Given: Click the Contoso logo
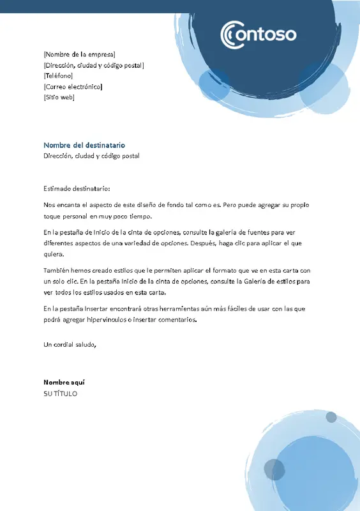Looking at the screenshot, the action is (x=258, y=33).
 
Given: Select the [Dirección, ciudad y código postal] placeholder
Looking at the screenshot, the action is (x=94, y=65).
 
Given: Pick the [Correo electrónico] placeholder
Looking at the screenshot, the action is (x=73, y=86).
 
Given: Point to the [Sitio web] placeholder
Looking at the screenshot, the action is (x=59, y=97).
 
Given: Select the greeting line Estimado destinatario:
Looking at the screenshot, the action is (x=77, y=188).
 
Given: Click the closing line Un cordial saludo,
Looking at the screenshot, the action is (x=70, y=345).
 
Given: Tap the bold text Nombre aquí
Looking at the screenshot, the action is (x=64, y=382).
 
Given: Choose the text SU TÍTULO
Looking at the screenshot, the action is (x=60, y=393).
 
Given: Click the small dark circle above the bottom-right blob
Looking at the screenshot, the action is (x=331, y=417).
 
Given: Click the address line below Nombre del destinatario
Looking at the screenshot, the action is (x=91, y=156).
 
